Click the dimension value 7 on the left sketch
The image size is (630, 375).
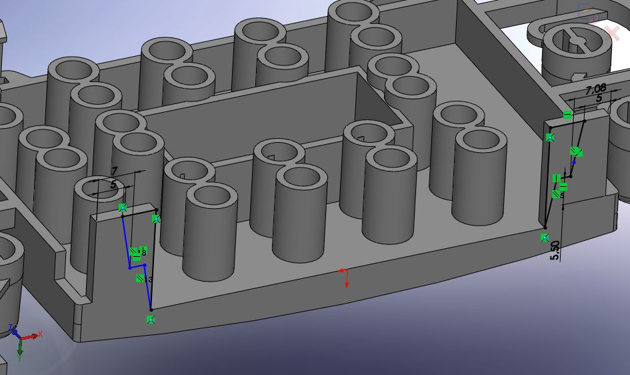click(x=114, y=171)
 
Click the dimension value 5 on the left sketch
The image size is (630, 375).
click(x=113, y=183)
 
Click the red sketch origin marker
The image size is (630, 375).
click(x=343, y=271)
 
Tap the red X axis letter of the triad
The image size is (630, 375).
click(x=40, y=334)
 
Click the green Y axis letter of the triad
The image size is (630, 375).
click(x=21, y=357)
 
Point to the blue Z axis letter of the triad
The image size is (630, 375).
click(x=10, y=328)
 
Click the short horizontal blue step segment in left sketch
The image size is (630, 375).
click(x=137, y=266)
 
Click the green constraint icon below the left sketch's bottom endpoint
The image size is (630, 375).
click(x=151, y=320)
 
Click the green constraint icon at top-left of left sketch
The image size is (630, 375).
click(x=123, y=208)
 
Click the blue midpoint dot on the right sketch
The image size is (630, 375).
click(x=574, y=162)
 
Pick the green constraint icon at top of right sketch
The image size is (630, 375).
click(x=567, y=115)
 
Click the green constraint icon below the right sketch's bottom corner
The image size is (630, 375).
click(x=545, y=237)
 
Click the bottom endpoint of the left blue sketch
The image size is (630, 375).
click(x=151, y=308)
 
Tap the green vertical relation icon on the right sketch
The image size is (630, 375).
click(x=557, y=178)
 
